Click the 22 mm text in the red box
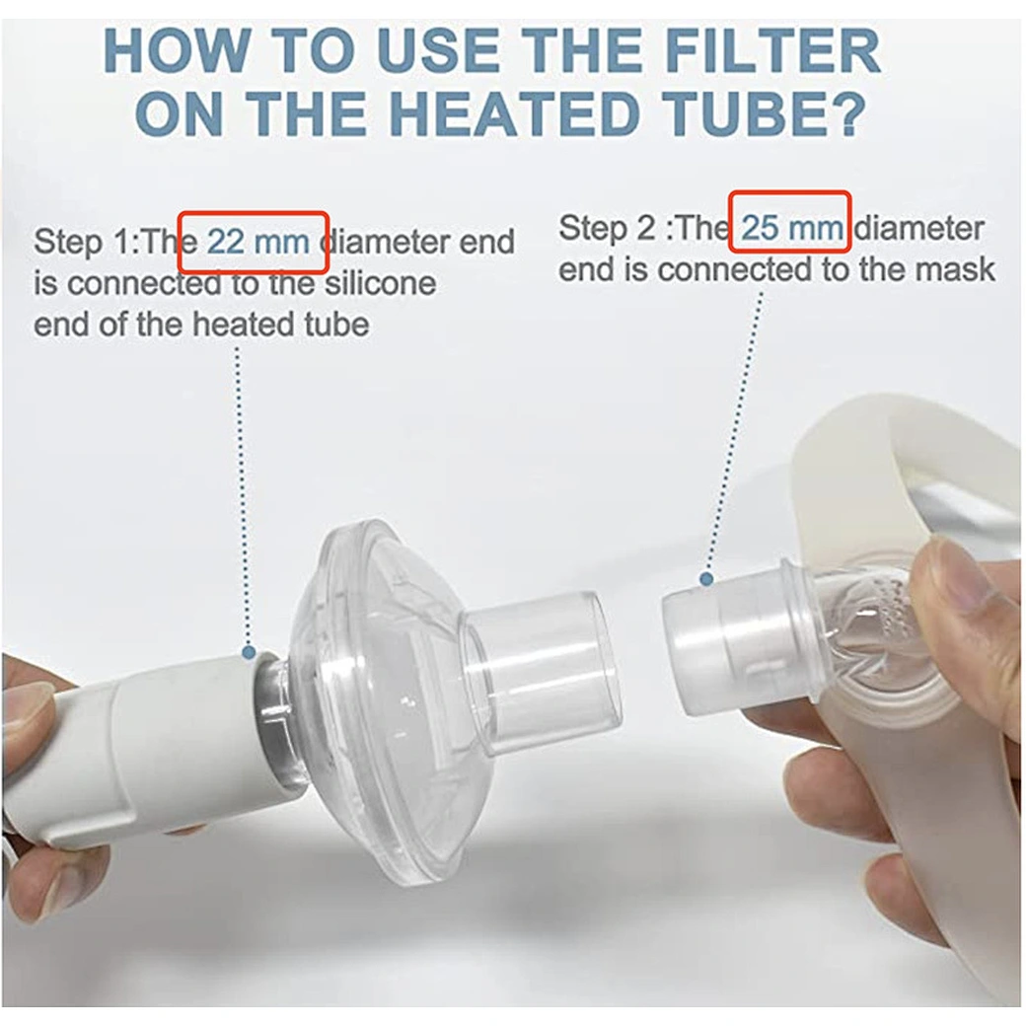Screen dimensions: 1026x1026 pos(257,242)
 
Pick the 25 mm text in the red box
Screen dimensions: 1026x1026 pos(792,228)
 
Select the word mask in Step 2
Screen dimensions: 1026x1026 pos(959,270)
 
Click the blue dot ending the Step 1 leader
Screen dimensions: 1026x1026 pos(248,652)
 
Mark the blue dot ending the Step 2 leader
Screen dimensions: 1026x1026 pos(706,578)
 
